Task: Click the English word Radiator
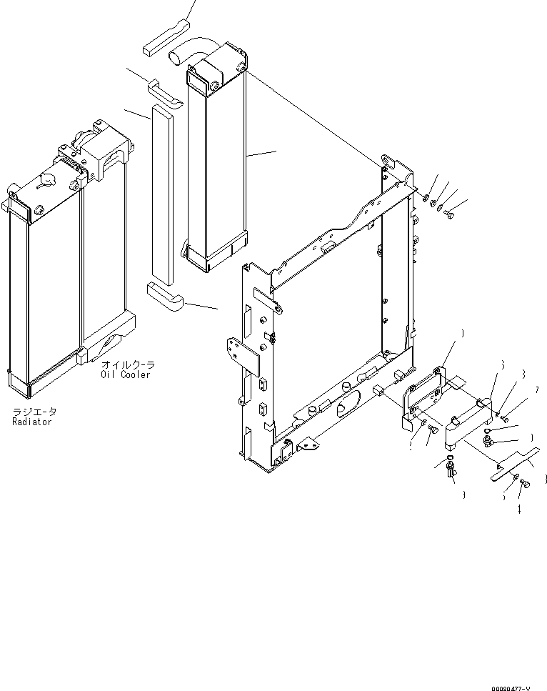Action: click(31, 422)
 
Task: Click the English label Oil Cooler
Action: click(125, 375)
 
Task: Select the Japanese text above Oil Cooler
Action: click(127, 365)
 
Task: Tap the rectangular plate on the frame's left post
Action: click(243, 355)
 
